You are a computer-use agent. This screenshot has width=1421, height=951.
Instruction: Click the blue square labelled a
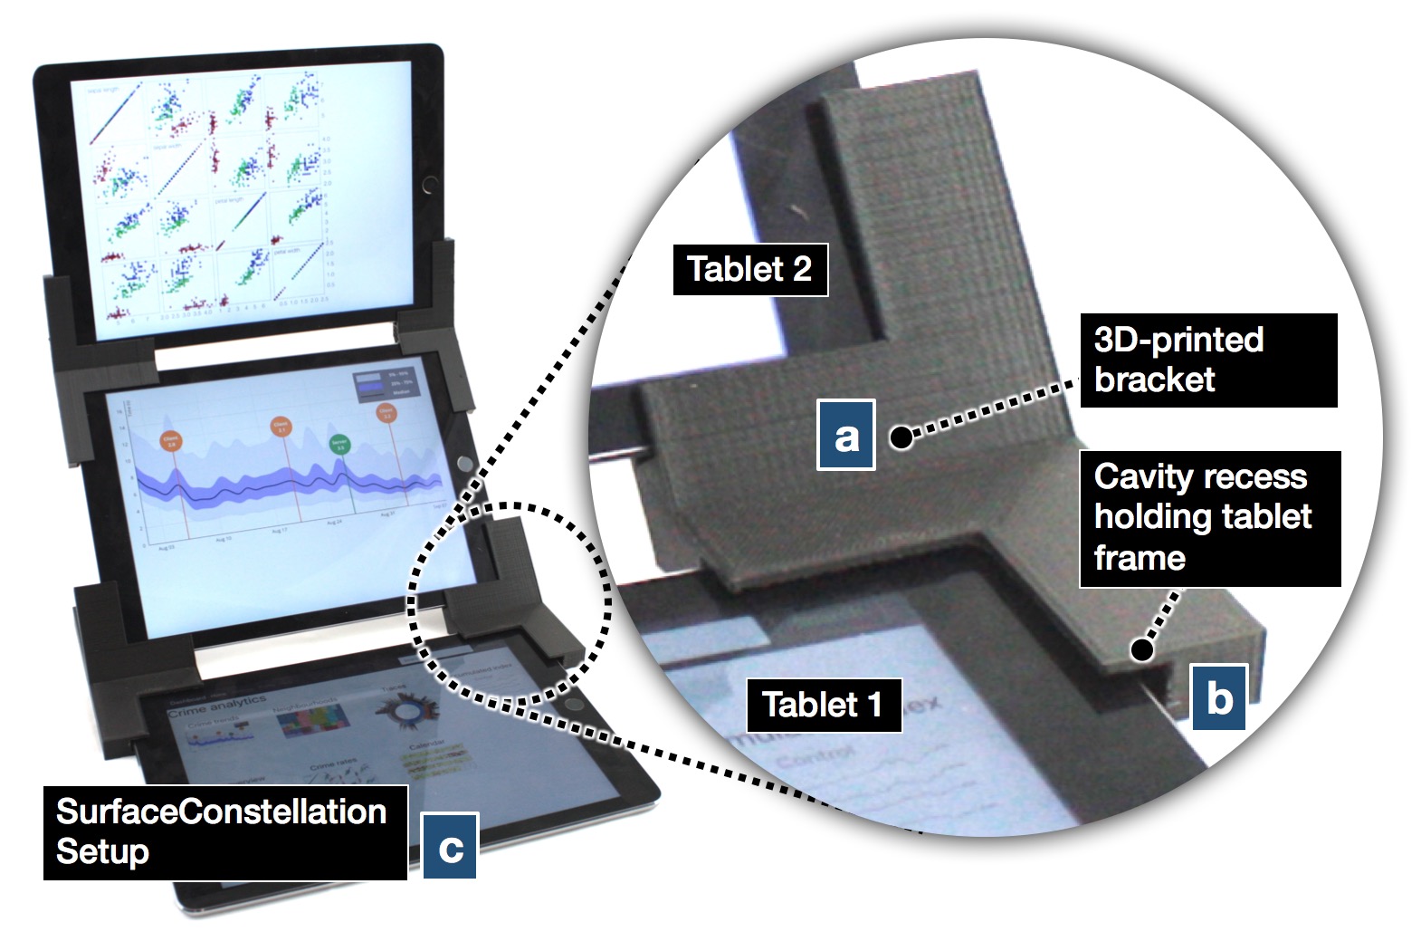pos(845,436)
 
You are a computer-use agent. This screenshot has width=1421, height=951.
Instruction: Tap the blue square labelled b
pos(1218,697)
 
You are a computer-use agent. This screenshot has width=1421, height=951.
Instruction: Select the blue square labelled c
pos(450,846)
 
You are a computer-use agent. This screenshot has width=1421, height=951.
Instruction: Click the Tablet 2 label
pos(749,269)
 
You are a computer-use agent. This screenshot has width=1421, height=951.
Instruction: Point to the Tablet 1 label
pos(823,705)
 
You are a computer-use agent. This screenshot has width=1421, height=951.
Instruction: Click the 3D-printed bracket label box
pos(1207,360)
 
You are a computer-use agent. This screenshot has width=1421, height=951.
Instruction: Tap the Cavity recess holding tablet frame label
pos(1209,518)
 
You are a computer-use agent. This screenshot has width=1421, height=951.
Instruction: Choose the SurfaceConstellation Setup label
pos(224,831)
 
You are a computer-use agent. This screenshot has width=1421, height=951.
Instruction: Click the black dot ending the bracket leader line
pos(901,438)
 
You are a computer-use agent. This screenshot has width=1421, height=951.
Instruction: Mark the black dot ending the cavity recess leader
pos(1143,648)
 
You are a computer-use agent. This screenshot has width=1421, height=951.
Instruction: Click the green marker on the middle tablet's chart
pos(339,445)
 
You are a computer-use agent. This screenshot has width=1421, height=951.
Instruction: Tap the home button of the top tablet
pos(429,188)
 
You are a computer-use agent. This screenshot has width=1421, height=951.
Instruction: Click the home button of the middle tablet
pos(463,464)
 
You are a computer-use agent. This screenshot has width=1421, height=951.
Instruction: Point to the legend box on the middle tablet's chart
pos(386,382)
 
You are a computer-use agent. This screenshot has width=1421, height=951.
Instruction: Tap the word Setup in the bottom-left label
pos(102,852)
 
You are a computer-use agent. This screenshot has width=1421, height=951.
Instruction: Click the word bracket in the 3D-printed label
pos(1155,379)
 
